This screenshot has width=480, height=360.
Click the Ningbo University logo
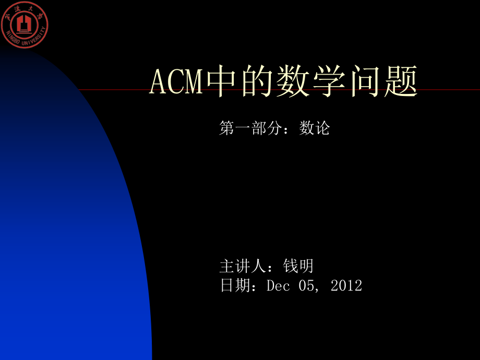[25, 25]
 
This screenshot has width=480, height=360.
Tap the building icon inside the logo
[25, 24]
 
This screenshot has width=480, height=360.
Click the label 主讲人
[243, 267]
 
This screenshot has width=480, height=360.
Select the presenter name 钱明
[298, 267]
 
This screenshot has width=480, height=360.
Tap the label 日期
[235, 285]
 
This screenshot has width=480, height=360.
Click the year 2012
[346, 285]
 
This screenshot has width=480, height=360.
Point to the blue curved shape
[68, 235]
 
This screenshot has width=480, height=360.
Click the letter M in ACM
[194, 82]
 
